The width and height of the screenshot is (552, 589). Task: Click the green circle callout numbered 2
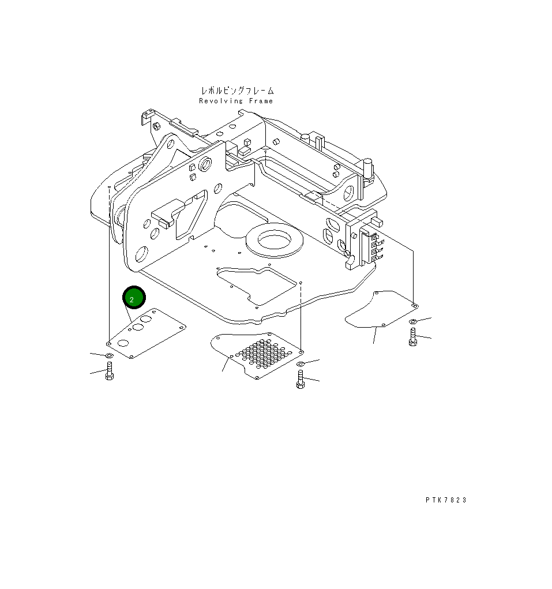click(x=134, y=298)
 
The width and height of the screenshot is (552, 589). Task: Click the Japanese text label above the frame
click(x=237, y=91)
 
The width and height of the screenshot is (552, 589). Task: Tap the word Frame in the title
click(x=261, y=101)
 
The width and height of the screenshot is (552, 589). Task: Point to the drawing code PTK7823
click(x=446, y=500)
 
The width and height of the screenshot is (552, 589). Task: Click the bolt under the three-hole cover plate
click(x=110, y=373)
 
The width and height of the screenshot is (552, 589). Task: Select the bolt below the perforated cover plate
click(x=300, y=379)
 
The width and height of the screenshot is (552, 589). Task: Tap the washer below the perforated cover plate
click(x=300, y=364)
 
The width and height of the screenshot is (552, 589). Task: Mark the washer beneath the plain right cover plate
click(x=413, y=321)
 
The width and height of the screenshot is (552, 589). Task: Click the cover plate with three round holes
click(x=145, y=333)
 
